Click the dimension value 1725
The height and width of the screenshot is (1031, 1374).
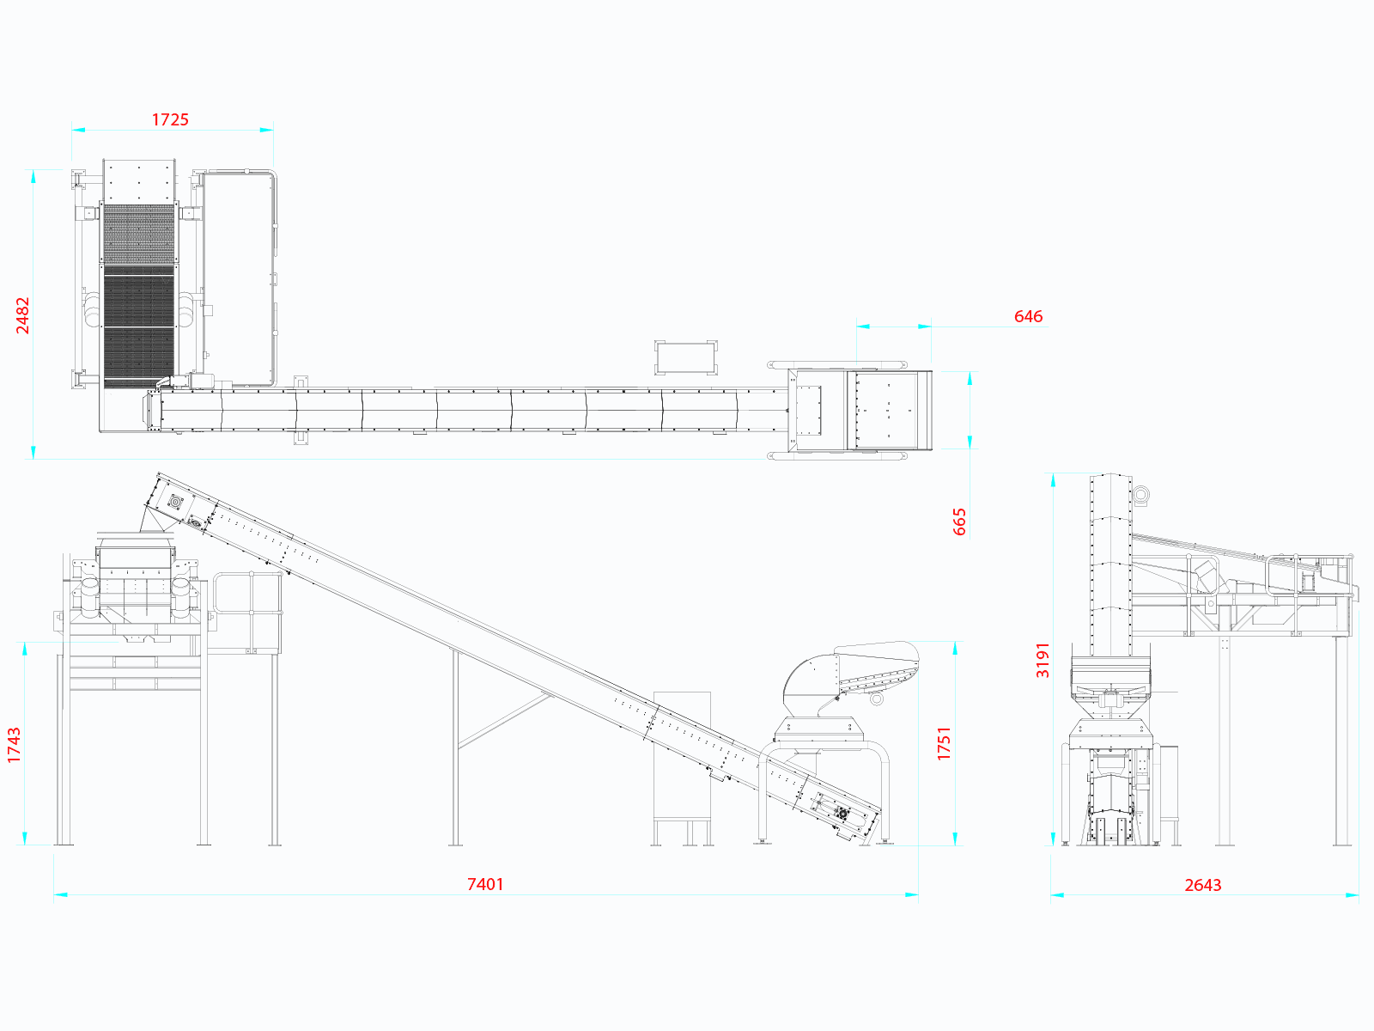(170, 119)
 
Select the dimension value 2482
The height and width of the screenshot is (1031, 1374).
(22, 315)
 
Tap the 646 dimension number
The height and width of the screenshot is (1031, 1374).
(1028, 317)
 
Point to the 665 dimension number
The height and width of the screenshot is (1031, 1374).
(959, 522)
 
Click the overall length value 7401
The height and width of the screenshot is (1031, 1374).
(485, 884)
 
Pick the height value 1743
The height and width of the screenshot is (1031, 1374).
(14, 745)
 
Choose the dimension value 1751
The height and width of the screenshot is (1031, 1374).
(944, 744)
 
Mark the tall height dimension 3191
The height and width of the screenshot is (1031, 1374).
(1043, 661)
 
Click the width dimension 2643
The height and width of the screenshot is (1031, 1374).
(1202, 885)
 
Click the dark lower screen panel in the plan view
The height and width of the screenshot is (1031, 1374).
(138, 326)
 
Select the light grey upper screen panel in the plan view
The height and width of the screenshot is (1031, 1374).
(138, 234)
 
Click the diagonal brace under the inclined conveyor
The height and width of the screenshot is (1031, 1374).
(505, 721)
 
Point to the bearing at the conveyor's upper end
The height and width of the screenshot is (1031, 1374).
(175, 502)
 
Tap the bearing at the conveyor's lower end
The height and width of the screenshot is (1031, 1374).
(842, 814)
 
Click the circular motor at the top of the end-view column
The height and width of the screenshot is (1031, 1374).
(1140, 496)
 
